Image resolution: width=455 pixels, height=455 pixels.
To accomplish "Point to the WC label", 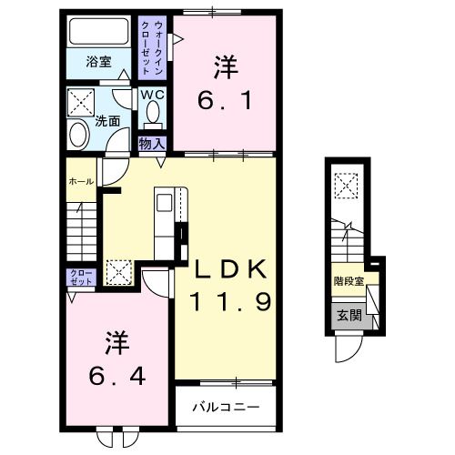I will [x=151, y=95].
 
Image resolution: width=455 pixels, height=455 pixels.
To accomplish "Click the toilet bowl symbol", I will [x=152, y=114].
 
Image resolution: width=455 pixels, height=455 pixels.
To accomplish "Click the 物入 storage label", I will [x=151, y=143].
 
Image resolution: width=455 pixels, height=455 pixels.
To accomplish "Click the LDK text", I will [x=228, y=269].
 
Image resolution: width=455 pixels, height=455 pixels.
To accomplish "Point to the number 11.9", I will [x=229, y=301].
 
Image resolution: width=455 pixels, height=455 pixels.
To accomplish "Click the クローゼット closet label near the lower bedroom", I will [x=80, y=277].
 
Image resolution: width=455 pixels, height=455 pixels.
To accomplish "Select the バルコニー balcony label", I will [x=226, y=406].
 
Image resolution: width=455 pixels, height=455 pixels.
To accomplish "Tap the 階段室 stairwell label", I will [x=347, y=281].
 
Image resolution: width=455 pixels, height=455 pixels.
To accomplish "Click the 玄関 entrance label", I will [x=347, y=316].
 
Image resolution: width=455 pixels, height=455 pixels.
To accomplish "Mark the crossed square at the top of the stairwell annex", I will [x=347, y=186].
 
